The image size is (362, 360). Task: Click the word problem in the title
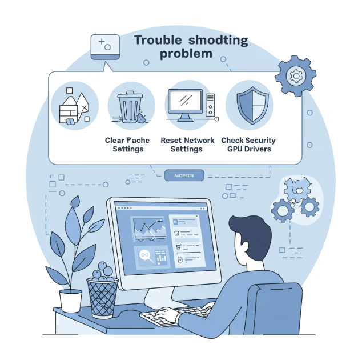pos(186,54)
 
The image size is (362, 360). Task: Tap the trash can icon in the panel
pos(130,106)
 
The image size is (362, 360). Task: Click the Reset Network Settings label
pos(187,145)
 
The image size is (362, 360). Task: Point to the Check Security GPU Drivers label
pos(248,145)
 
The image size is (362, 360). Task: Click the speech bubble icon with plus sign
pos(105,46)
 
